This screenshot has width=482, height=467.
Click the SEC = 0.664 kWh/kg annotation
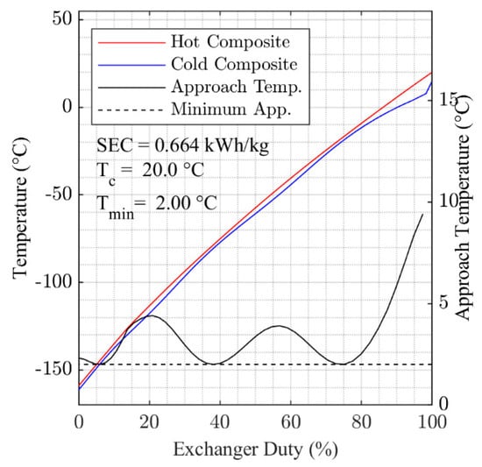[182, 145]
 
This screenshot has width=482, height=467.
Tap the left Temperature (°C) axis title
[19, 211]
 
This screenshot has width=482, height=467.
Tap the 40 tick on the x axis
[220, 421]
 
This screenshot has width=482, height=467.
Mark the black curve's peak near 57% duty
[279, 326]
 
